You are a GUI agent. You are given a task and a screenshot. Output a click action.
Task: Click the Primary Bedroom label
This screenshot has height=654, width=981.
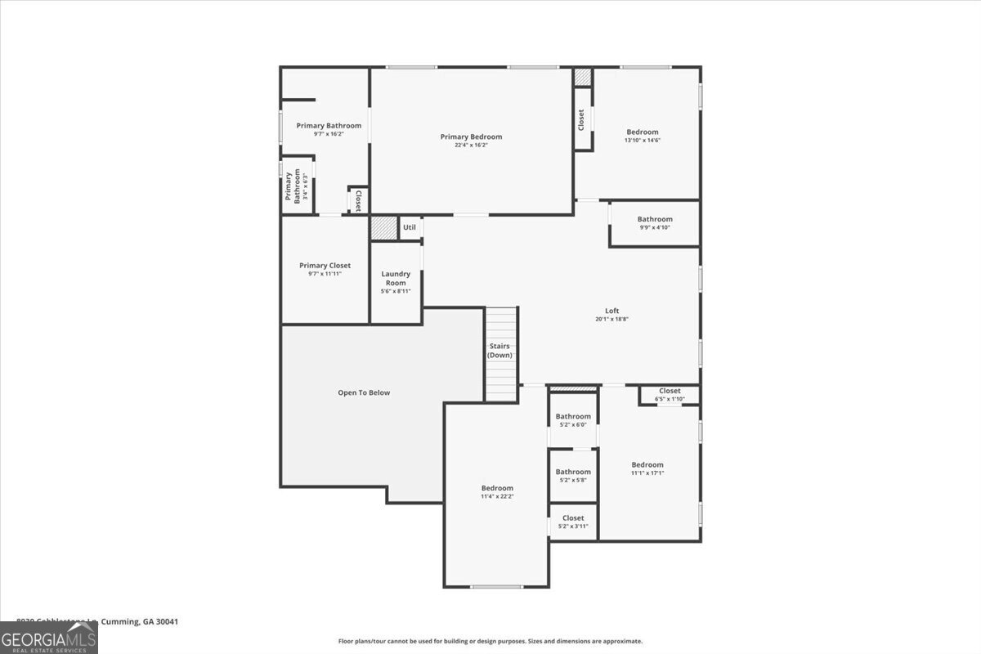pyautogui.click(x=471, y=137)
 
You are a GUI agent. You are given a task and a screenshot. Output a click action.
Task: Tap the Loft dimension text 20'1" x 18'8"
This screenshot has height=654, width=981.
pyautogui.click(x=611, y=320)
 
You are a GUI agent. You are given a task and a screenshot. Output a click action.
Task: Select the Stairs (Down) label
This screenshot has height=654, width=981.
pyautogui.click(x=500, y=351)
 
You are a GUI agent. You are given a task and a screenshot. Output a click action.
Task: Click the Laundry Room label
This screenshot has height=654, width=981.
pyautogui.click(x=396, y=278)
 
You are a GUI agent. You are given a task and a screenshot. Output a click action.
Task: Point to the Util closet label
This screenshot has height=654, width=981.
pyautogui.click(x=410, y=227)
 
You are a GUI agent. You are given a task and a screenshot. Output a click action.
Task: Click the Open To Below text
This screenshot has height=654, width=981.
pyautogui.click(x=364, y=392)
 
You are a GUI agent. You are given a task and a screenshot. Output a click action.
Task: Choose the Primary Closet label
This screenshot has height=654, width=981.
pyautogui.click(x=325, y=266)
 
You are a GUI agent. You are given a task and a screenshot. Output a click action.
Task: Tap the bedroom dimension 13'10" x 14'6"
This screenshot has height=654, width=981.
pyautogui.click(x=642, y=141)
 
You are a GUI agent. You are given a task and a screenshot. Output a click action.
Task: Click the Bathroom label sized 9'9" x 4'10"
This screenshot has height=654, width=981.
pyautogui.click(x=655, y=219)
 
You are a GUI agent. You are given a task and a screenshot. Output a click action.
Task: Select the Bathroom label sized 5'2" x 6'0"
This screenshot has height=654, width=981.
pyautogui.click(x=573, y=416)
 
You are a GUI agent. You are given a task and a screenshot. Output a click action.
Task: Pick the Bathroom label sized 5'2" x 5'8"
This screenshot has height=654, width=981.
pyautogui.click(x=573, y=472)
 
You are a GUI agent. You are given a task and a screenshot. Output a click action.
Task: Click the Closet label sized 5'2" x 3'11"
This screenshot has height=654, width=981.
pyautogui.click(x=573, y=517)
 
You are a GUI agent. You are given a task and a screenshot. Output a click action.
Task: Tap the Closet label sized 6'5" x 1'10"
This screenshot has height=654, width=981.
pyautogui.click(x=670, y=391)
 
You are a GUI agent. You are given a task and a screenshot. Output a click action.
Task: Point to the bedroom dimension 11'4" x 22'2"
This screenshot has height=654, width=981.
pyautogui.click(x=497, y=496)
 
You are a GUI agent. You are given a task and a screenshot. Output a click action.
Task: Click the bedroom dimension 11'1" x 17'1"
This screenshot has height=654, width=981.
pyautogui.click(x=647, y=473)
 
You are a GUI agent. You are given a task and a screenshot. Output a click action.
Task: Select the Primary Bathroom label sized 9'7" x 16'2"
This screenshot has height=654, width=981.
pyautogui.click(x=329, y=126)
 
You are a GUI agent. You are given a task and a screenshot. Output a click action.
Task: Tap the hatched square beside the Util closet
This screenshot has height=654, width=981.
pyautogui.click(x=383, y=227)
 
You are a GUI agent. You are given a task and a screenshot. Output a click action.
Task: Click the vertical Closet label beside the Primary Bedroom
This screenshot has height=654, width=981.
pyautogui.click(x=581, y=119)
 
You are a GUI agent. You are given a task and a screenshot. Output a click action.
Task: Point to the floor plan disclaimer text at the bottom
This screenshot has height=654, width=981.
pyautogui.click(x=490, y=641)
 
